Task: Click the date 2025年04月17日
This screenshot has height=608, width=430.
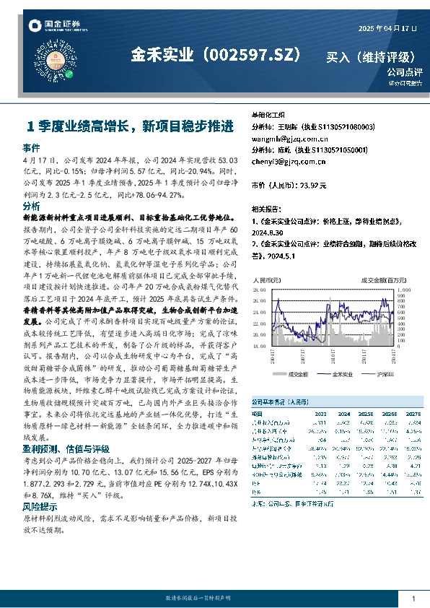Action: pos(388,27)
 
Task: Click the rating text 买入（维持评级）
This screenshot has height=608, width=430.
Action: pos(371,56)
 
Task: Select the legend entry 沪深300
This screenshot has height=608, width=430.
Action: pos(385,375)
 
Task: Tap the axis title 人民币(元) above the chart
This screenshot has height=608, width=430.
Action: pos(265,279)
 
